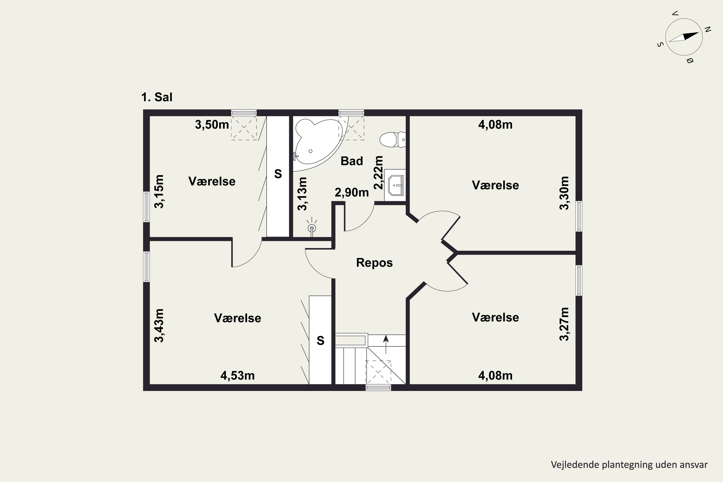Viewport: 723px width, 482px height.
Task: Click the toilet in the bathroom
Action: coord(393,140)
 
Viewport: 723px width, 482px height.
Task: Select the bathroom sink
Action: coord(395,185)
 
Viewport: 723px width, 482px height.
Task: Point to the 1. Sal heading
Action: coord(157,97)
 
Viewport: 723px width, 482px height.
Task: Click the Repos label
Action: coord(375,263)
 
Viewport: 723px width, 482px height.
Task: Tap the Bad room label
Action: coord(352,161)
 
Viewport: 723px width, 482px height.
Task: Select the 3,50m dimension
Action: coord(212,125)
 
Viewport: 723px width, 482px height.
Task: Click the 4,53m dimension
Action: coord(237,376)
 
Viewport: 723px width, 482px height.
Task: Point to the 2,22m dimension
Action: coord(378,173)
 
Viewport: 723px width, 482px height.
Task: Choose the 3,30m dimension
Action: coord(564,193)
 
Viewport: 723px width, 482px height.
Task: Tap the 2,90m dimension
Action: coord(352,193)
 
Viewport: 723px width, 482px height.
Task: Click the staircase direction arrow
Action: coord(386,344)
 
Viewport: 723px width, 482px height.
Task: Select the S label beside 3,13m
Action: coord(278,174)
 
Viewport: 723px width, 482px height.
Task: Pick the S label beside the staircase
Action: coord(320,341)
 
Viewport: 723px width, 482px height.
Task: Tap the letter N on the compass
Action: coord(708,29)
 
